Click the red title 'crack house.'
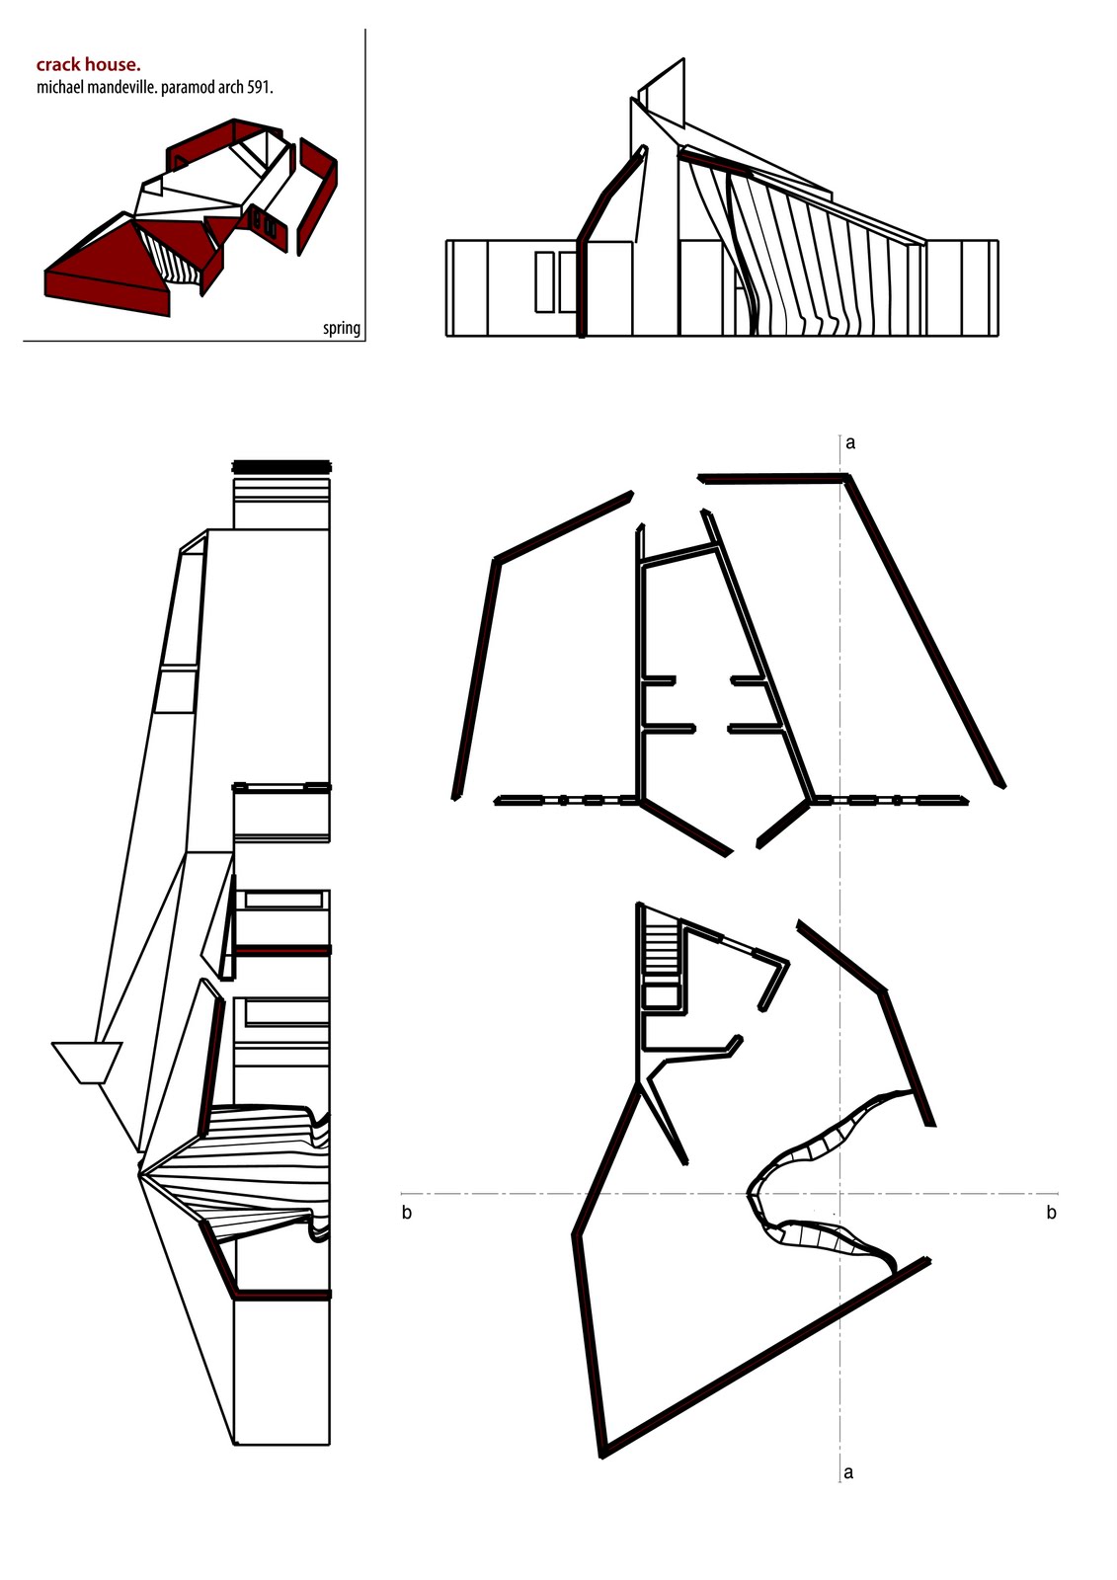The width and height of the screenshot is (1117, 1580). click(88, 65)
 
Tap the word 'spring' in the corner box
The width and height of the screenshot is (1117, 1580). click(342, 328)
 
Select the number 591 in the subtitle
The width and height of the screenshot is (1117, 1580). click(259, 88)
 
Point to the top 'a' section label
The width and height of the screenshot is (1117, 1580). click(850, 443)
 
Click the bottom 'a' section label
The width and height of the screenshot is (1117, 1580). click(848, 1472)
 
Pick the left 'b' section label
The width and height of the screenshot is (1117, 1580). click(407, 1212)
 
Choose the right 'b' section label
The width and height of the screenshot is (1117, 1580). click(1051, 1212)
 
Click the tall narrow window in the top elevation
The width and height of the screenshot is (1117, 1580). click(544, 281)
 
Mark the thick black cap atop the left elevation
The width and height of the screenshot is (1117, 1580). click(280, 466)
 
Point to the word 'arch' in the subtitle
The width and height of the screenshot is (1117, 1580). click(233, 88)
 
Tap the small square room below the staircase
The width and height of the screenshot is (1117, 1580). click(661, 995)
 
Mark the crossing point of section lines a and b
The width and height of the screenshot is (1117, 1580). click(840, 1194)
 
